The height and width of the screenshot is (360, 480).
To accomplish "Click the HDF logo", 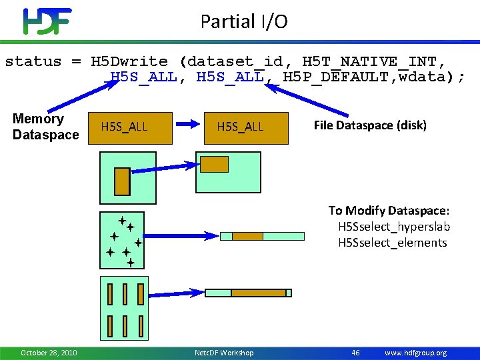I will (47, 21).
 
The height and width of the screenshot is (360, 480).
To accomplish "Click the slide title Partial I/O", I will (244, 21).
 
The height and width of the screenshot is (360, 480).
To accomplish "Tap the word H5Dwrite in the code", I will (129, 61).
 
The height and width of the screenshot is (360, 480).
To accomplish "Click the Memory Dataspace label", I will (45, 127).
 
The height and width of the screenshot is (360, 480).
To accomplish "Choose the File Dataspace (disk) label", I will (370, 125).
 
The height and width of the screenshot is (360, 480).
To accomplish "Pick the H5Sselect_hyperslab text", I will (394, 227).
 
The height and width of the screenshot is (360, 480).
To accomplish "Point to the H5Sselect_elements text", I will (392, 243).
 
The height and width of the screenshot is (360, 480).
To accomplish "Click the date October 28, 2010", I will (49, 353).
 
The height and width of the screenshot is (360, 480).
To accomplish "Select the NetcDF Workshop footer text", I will (223, 353).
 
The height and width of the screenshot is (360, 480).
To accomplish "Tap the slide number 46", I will (355, 353).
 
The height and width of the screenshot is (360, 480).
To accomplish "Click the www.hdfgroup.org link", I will (416, 353).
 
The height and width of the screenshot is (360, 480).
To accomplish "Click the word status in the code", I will (33, 61).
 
